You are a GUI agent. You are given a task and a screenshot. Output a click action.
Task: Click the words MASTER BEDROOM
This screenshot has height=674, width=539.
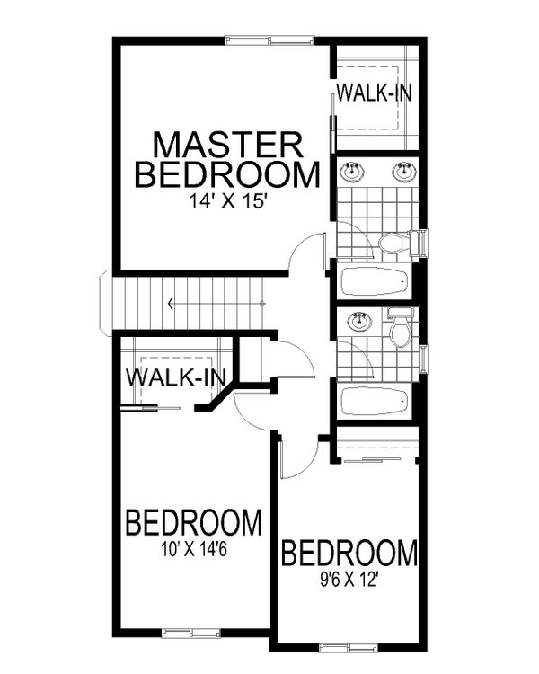coord(226,159)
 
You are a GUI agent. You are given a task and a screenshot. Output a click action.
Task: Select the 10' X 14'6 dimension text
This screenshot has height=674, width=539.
coord(193,545)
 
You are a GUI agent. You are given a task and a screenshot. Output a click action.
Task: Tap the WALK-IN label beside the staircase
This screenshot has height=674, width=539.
coord(175,377)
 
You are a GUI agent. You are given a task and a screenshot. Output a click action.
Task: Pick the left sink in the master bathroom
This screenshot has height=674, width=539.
coord(351,170)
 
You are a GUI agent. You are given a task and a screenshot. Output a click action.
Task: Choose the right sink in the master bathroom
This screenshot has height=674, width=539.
coord(404,170)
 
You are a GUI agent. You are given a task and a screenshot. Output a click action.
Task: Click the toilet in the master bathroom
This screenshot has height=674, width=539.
coord(393,243)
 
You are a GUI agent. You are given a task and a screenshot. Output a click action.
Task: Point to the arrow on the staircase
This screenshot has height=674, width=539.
coord(172,305)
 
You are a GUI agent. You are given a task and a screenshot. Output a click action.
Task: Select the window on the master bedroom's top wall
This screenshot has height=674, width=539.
coord(269,38)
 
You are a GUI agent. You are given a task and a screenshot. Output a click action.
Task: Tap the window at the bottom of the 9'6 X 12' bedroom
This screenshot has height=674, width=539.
coord(346,646)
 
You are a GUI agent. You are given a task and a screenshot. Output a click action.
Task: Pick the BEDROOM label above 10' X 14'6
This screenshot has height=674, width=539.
coord(193,522)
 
